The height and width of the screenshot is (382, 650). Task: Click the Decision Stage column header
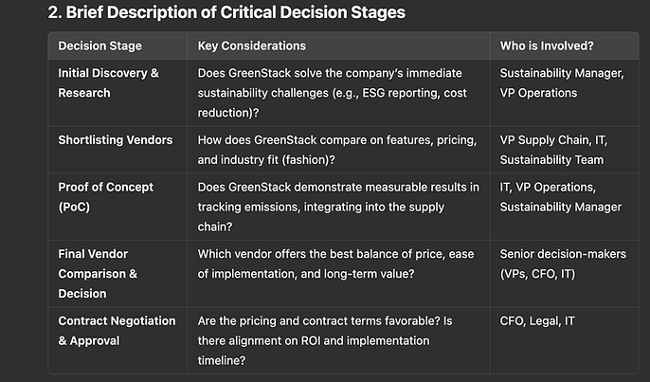[x=99, y=45]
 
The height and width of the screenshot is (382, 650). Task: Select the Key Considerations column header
[x=252, y=45]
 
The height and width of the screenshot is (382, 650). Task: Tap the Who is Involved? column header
[x=547, y=45]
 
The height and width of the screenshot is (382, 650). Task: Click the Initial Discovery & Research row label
[x=108, y=83]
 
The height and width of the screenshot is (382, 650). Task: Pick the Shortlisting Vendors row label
[x=116, y=140]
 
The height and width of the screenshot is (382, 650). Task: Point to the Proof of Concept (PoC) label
[x=106, y=197]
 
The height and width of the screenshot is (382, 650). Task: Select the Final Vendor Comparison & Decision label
[x=98, y=274]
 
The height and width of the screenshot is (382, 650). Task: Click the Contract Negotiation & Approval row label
[x=117, y=331]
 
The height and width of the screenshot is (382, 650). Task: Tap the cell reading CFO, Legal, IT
[x=537, y=321]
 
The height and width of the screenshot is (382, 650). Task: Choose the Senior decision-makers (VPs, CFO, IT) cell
[x=563, y=264]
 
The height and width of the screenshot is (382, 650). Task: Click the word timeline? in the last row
[x=222, y=360]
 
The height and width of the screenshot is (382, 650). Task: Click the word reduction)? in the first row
[x=228, y=113]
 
